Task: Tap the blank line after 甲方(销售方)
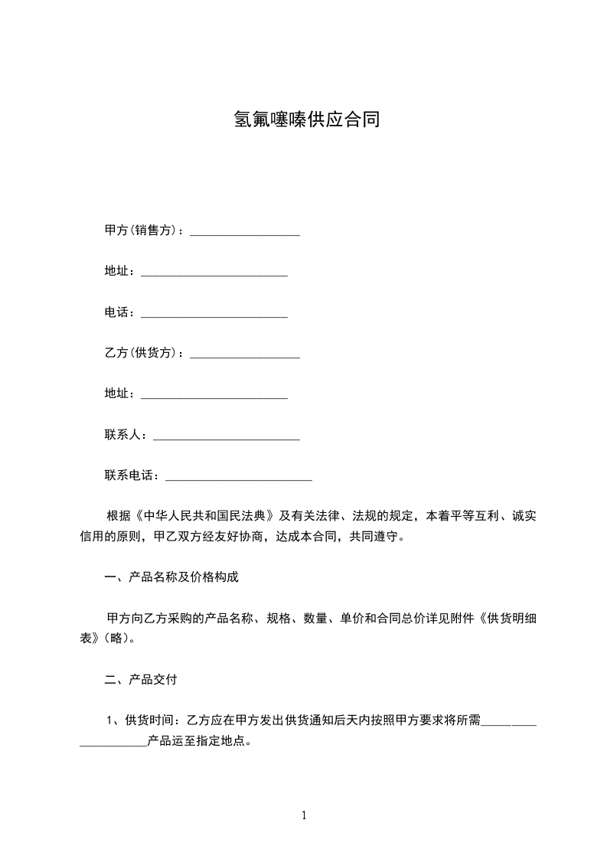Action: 245,233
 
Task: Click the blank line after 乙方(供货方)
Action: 245,355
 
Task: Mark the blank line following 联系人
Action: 227,437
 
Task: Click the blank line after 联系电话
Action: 239,478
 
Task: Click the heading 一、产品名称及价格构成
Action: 171,576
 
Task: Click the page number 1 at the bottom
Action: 304,816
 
